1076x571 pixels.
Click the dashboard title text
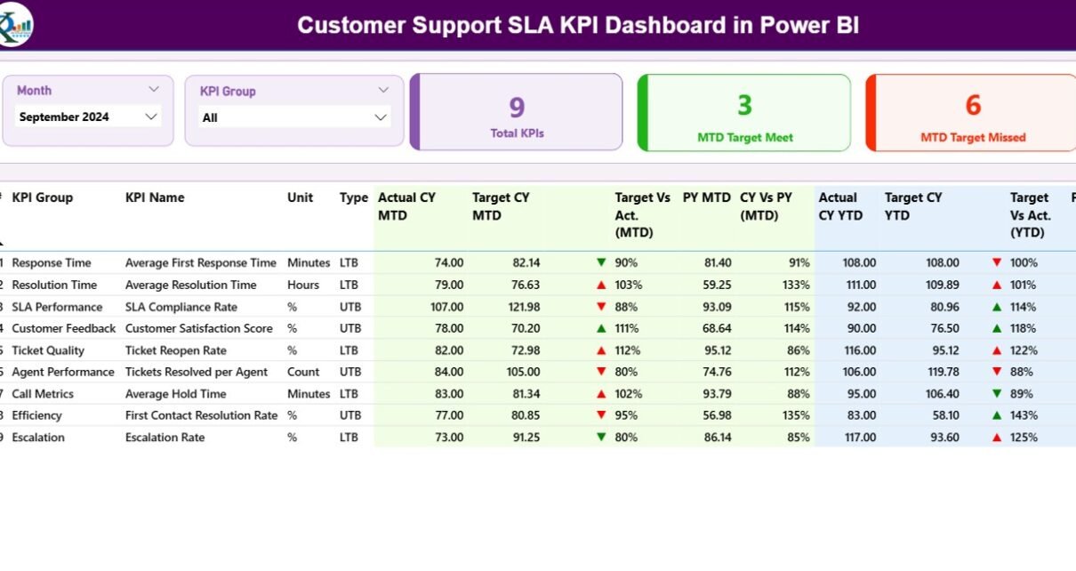(x=578, y=25)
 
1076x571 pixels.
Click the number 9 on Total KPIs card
(x=517, y=109)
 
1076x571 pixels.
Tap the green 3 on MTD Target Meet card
(x=744, y=106)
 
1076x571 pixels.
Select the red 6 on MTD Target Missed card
(x=973, y=106)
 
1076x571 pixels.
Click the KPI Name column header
(x=155, y=197)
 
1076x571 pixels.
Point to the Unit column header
(x=300, y=197)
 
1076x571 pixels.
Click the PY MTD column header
(x=706, y=197)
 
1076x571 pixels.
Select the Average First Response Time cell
(x=200, y=263)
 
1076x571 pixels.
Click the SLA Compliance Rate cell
(x=181, y=307)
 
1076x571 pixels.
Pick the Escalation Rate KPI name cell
(x=165, y=438)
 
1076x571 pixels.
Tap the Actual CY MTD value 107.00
(x=445, y=307)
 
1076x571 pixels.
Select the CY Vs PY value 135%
(x=798, y=415)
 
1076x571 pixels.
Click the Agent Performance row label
(x=63, y=372)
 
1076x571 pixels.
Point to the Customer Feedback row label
(x=64, y=328)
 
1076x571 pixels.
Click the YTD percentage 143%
(x=1023, y=415)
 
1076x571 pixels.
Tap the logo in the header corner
(x=16, y=24)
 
